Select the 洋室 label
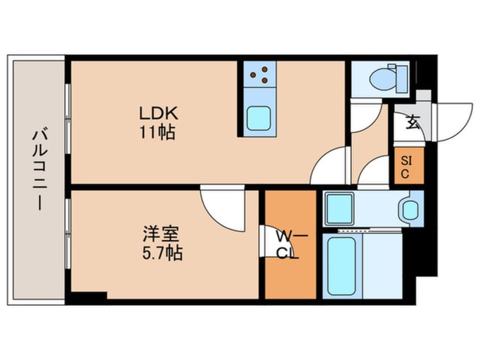pyautogui.click(x=161, y=233)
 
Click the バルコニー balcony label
pyautogui.click(x=39, y=170)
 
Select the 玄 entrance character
pyautogui.click(x=412, y=121)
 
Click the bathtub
pyautogui.click(x=342, y=265)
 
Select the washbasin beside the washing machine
pyautogui.click(x=410, y=210)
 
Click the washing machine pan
pyautogui.click(x=340, y=208)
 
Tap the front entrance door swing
pyautogui.click(x=452, y=121)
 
